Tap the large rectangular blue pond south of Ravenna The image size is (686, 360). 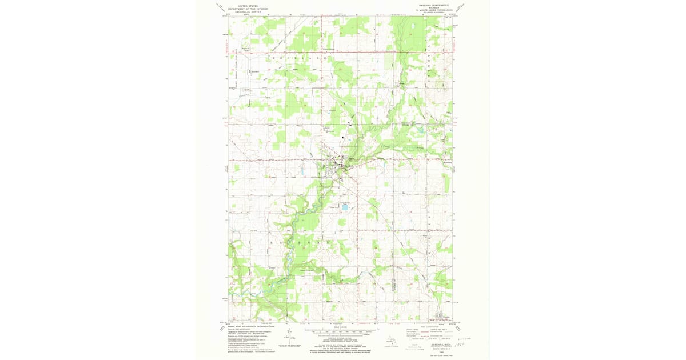345,207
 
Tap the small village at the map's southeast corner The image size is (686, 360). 440,316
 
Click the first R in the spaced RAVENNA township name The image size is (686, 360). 270,243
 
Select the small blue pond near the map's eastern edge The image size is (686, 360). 421,130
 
